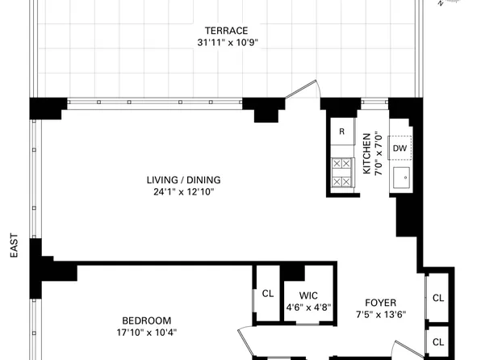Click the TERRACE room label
225,30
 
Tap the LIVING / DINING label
183,179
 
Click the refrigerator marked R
342,132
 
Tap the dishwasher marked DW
399,148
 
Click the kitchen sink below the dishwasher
400,177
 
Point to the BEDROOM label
145,320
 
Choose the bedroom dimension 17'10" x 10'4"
145,332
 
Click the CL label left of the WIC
267,293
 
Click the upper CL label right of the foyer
438,298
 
